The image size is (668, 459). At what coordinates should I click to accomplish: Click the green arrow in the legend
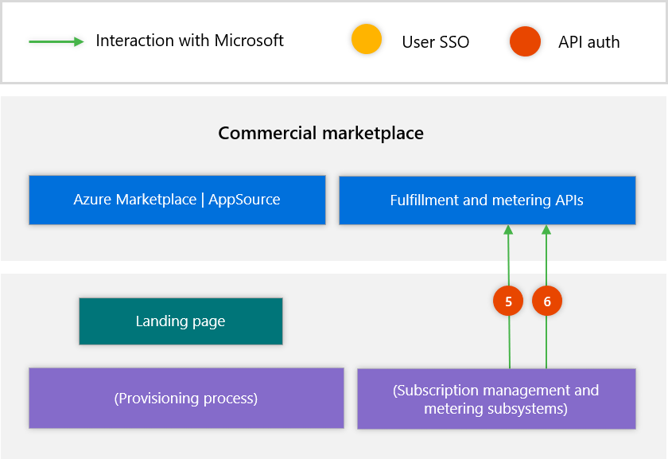pyautogui.click(x=56, y=41)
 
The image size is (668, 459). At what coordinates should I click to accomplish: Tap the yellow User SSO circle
pyautogui.click(x=367, y=40)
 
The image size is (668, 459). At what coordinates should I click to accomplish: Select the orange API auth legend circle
pyautogui.click(x=526, y=41)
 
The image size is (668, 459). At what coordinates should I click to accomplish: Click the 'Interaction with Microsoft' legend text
pyautogui.click(x=189, y=41)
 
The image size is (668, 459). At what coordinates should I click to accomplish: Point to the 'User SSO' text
pyautogui.click(x=435, y=42)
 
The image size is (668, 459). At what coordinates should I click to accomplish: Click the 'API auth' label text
pyautogui.click(x=588, y=42)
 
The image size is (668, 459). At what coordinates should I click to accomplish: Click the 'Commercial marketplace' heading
pyautogui.click(x=320, y=133)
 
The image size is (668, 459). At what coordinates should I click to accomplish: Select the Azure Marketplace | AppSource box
pyautogui.click(x=177, y=200)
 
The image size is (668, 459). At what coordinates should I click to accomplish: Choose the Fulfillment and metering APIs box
pyautogui.click(x=487, y=200)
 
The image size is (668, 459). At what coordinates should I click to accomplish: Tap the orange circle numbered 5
pyautogui.click(x=508, y=301)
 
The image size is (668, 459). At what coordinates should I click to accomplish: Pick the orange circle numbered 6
pyautogui.click(x=546, y=301)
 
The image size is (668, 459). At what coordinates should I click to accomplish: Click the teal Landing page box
pyautogui.click(x=181, y=321)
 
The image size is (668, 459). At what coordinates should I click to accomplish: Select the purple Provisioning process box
pyautogui.click(x=186, y=398)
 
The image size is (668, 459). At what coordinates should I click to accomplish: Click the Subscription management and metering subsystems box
pyautogui.click(x=495, y=399)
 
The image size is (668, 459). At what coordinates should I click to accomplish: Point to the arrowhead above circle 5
pyautogui.click(x=508, y=230)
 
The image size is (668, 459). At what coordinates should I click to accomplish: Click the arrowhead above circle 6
pyautogui.click(x=546, y=230)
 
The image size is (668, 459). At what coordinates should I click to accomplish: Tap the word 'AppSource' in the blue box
pyautogui.click(x=244, y=200)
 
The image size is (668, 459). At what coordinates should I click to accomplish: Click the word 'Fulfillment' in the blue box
pyautogui.click(x=424, y=200)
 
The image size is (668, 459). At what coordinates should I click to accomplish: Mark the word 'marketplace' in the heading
pyautogui.click(x=374, y=133)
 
